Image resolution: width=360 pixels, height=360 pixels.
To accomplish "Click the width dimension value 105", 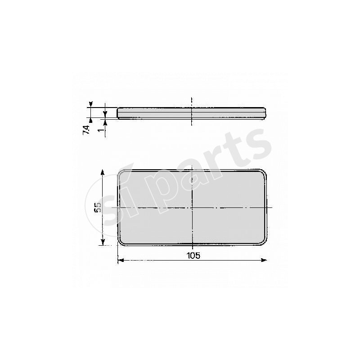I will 193,255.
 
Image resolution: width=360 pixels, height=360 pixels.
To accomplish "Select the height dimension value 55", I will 97,207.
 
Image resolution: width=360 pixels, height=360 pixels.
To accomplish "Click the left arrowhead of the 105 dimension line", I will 120,260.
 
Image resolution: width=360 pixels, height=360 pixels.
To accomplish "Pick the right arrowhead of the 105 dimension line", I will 264,260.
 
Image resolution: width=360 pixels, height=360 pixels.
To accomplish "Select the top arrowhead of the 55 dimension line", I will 103,172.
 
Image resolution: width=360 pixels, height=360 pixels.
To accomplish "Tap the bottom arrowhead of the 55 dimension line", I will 103,243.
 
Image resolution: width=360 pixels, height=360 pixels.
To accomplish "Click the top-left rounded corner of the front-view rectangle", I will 121,173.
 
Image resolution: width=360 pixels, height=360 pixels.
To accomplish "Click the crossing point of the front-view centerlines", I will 192,207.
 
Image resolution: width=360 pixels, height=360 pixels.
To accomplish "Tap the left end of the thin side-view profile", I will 118,112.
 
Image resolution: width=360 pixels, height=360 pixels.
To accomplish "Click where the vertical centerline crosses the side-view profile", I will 192,112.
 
